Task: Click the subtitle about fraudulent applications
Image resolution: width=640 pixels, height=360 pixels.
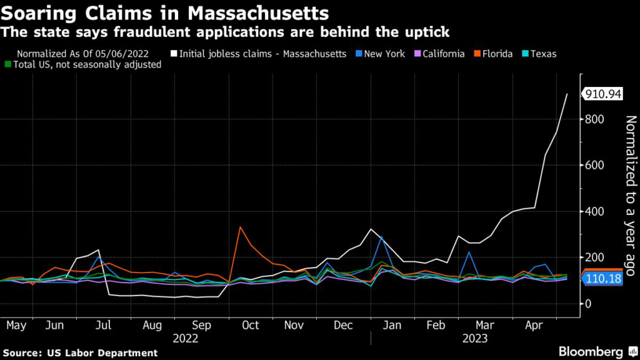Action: click(226, 31)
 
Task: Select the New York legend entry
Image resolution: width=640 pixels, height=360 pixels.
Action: click(382, 54)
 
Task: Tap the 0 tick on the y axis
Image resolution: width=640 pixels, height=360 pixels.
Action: click(587, 304)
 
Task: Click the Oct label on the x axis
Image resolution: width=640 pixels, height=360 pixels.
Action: click(250, 325)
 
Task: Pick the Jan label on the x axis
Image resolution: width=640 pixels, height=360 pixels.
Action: click(392, 325)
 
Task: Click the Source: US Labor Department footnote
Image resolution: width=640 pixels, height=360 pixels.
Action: click(80, 353)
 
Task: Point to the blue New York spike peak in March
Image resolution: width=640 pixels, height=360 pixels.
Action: click(468, 252)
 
